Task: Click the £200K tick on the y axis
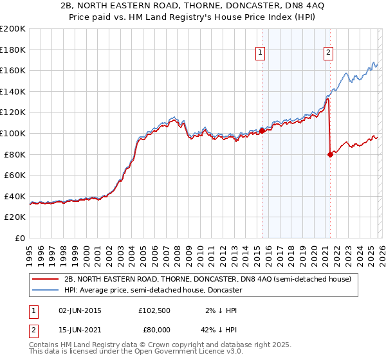pos(13,29)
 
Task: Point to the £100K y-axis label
pos(13,133)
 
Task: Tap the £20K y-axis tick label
pos(15,217)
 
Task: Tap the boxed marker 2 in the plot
pos(329,53)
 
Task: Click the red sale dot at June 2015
pos(262,130)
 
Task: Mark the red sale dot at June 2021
pos(330,154)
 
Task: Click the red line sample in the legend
pos(47,279)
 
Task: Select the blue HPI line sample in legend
pos(47,290)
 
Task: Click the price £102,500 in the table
pos(154,310)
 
